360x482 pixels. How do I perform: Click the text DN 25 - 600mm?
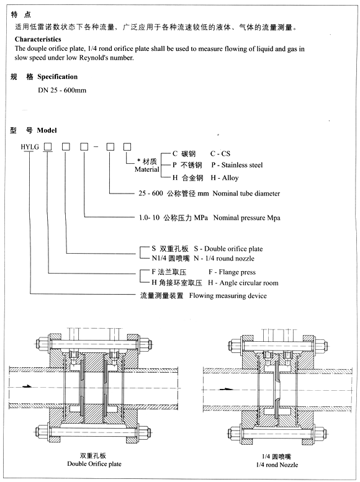pos(61,90)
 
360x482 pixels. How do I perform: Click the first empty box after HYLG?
pos(47,146)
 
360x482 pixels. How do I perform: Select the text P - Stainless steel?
pos(236,165)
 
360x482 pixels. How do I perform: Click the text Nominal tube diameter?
pos(246,194)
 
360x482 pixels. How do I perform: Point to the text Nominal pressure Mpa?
pos(247,218)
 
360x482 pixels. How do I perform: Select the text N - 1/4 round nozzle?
pos(224,258)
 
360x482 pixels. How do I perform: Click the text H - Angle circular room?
pos(243,283)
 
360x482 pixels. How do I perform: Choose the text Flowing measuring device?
pos(228,296)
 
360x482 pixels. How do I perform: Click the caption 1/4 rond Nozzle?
pos(277,464)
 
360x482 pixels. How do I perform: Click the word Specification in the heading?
pos(58,77)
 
